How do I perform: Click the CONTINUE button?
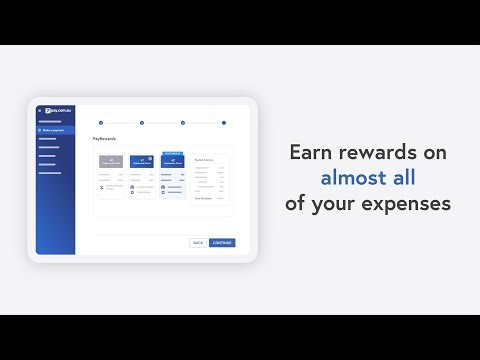pyautogui.click(x=222, y=242)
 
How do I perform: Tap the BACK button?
pyautogui.click(x=198, y=242)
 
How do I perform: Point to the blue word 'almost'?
pyautogui.click(x=355, y=179)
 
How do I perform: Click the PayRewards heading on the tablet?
pyautogui.click(x=104, y=139)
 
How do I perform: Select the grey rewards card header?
pyautogui.click(x=111, y=160)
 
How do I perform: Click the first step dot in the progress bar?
pyautogui.click(x=101, y=122)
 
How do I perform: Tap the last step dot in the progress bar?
pyautogui.click(x=224, y=122)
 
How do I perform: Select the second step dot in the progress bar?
pyautogui.click(x=142, y=122)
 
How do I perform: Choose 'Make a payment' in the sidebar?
pyautogui.click(x=53, y=131)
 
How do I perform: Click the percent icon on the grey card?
pyautogui.click(x=103, y=187)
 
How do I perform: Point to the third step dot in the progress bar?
pyautogui.click(x=183, y=122)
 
